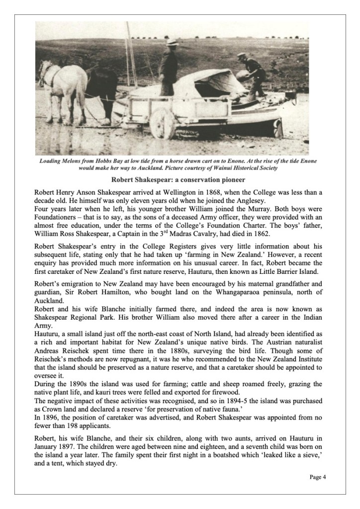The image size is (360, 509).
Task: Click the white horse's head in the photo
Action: (46, 70)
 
